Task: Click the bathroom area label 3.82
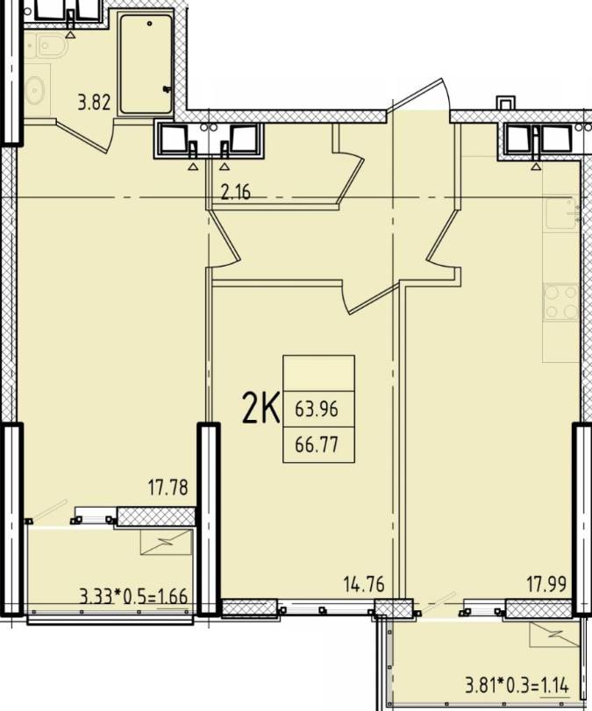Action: coord(94,102)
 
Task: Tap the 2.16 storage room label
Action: coord(235,193)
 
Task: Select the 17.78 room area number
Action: coord(168,488)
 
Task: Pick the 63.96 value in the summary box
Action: coord(317,409)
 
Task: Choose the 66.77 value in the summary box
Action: coord(317,444)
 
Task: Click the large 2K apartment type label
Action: coord(260,408)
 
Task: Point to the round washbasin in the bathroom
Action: coord(35,90)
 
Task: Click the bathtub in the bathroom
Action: coord(145,63)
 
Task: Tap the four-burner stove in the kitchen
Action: coord(561,302)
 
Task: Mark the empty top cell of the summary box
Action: coord(319,373)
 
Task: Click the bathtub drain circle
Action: coord(150,23)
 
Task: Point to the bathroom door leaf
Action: coord(84,136)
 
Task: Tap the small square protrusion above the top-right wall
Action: coord(506,103)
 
